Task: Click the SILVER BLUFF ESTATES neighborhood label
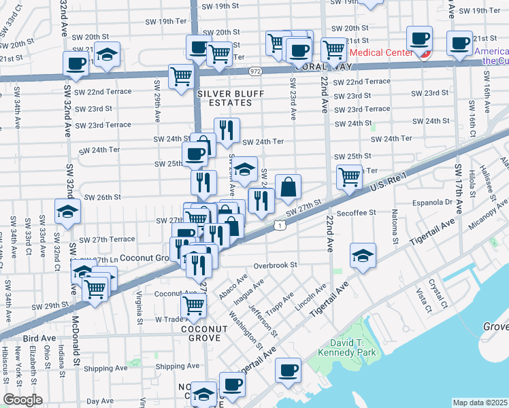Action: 225,98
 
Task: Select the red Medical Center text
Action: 380,52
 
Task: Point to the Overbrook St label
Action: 275,265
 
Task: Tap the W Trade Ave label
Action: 161,319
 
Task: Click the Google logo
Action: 23,400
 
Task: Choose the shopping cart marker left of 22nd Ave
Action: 349,176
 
